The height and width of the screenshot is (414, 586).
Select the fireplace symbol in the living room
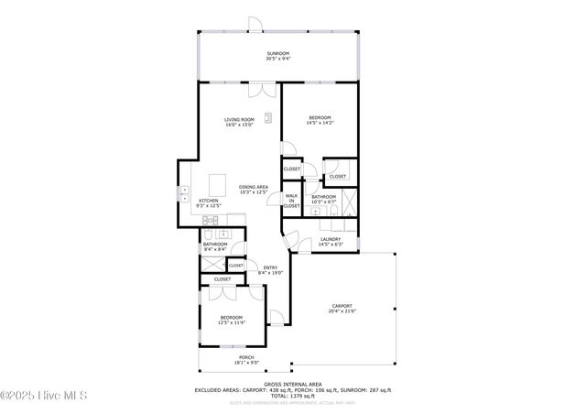click(x=269, y=116)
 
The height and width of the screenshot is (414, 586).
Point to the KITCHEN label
click(x=209, y=202)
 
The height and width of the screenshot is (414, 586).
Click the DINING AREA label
click(x=253, y=189)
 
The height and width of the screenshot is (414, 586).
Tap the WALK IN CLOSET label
click(x=291, y=201)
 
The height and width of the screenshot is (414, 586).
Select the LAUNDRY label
click(x=331, y=242)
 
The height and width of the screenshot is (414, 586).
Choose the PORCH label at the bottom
click(x=246, y=359)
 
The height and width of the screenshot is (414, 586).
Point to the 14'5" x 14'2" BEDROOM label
click(x=320, y=119)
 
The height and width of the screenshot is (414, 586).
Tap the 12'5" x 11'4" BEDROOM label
click(x=230, y=320)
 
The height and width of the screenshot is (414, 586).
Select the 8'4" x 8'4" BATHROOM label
click(x=215, y=245)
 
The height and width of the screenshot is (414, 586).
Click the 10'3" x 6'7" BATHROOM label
click(x=323, y=199)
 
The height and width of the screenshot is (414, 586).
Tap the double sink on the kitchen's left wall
click(x=184, y=194)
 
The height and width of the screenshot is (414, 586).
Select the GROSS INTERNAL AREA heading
click(x=293, y=385)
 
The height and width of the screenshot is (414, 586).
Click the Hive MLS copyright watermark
click(x=43, y=396)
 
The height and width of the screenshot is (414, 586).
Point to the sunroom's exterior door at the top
click(x=255, y=25)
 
